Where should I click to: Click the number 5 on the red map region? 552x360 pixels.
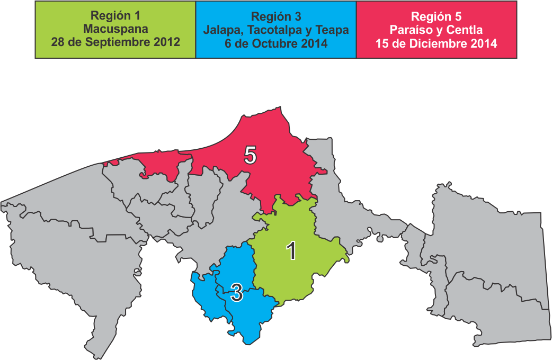(251, 156)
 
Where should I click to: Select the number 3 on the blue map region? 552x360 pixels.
(236, 293)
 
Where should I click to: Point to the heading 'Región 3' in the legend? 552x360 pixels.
(275, 17)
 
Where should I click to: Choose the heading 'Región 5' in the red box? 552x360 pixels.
(436, 17)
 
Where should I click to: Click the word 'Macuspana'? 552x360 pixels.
(115, 29)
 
